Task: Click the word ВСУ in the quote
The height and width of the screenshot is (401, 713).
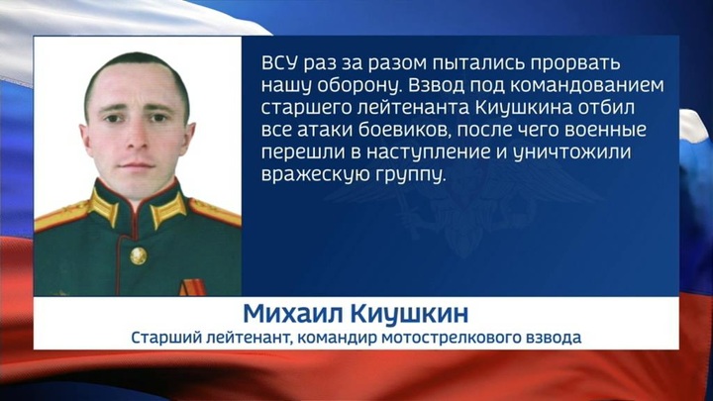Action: click(279, 62)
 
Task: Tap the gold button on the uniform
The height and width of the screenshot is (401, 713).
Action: click(139, 255)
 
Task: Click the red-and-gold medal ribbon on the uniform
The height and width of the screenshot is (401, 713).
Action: click(192, 288)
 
